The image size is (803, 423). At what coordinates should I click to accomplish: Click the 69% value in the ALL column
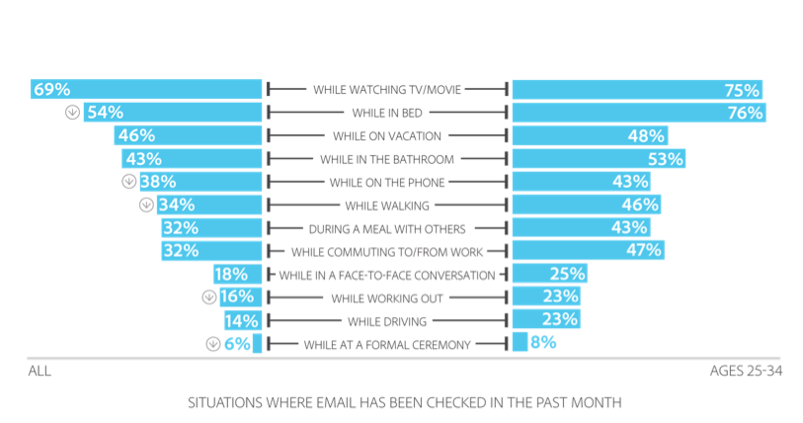click(x=52, y=89)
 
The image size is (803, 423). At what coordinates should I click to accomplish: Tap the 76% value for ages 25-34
click(x=745, y=113)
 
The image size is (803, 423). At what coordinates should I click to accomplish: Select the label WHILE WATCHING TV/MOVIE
click(x=387, y=90)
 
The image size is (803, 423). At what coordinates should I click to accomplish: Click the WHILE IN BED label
click(x=387, y=113)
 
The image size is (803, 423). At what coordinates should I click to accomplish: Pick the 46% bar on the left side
click(x=188, y=135)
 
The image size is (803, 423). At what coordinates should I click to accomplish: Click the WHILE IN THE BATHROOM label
click(x=387, y=158)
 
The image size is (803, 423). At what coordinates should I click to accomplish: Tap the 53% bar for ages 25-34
click(x=597, y=158)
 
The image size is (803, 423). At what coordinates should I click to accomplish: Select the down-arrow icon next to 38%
click(x=127, y=182)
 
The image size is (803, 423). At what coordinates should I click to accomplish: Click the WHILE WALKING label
click(x=387, y=205)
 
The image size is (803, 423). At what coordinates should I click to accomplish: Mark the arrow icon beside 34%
click(x=145, y=205)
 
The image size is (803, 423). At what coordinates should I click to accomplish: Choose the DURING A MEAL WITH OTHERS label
click(x=387, y=227)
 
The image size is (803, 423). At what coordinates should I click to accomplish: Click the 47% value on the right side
click(x=643, y=251)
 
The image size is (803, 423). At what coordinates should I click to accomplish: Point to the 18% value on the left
click(x=230, y=274)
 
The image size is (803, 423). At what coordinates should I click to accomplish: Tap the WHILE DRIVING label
click(x=387, y=320)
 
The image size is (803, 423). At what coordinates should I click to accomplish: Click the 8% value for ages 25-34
click(x=542, y=343)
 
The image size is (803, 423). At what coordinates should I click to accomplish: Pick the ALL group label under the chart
click(x=38, y=372)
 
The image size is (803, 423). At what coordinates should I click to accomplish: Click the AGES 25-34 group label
click(x=746, y=372)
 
